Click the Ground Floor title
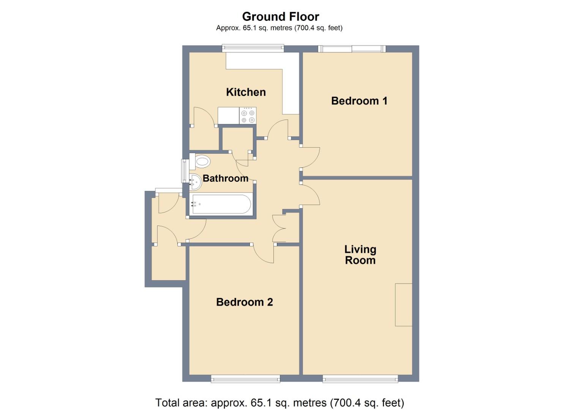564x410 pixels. pyautogui.click(x=280, y=17)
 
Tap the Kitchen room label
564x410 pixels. pyautogui.click(x=246, y=92)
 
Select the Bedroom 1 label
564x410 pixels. pyautogui.click(x=359, y=101)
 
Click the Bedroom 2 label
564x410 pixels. pyautogui.click(x=244, y=302)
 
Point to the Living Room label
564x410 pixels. pyautogui.click(x=360, y=255)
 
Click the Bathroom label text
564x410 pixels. pyautogui.click(x=225, y=178)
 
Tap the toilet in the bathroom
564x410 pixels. pyautogui.click(x=200, y=162)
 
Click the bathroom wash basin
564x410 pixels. pyautogui.click(x=195, y=182)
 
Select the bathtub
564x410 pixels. pyautogui.click(x=221, y=205)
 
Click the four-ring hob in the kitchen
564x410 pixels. pyautogui.click(x=248, y=116)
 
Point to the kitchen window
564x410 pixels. pyautogui.click(x=253, y=48)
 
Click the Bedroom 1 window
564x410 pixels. pyautogui.click(x=352, y=49)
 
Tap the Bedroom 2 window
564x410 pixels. pyautogui.click(x=245, y=378)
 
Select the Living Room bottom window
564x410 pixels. pyautogui.click(x=360, y=378)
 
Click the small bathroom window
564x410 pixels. pyautogui.click(x=185, y=170)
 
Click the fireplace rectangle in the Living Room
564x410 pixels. pyautogui.click(x=403, y=304)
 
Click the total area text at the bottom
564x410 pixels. pyautogui.click(x=280, y=402)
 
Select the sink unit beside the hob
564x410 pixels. pyautogui.click(x=228, y=116)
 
